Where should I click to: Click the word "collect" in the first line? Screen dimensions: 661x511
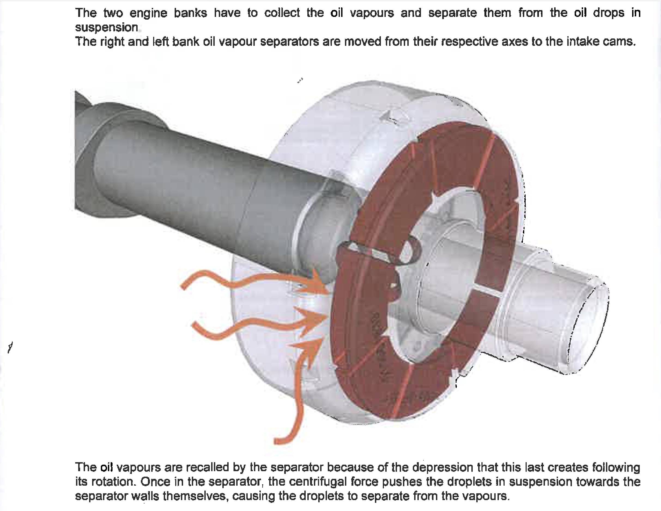pos(282,13)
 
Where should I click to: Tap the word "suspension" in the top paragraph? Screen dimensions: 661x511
pos(107,28)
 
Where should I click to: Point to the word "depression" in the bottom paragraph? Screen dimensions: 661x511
pos(442,467)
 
